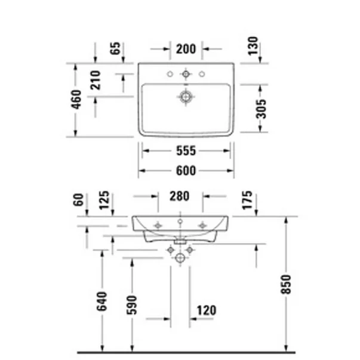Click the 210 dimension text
click(x=96, y=81)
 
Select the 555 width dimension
click(x=186, y=151)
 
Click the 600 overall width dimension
click(x=186, y=171)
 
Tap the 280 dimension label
click(x=179, y=195)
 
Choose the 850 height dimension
click(x=285, y=287)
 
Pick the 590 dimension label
click(x=133, y=304)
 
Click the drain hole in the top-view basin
click(x=186, y=96)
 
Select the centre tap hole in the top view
click(x=186, y=74)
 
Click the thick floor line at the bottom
click(x=186, y=352)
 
